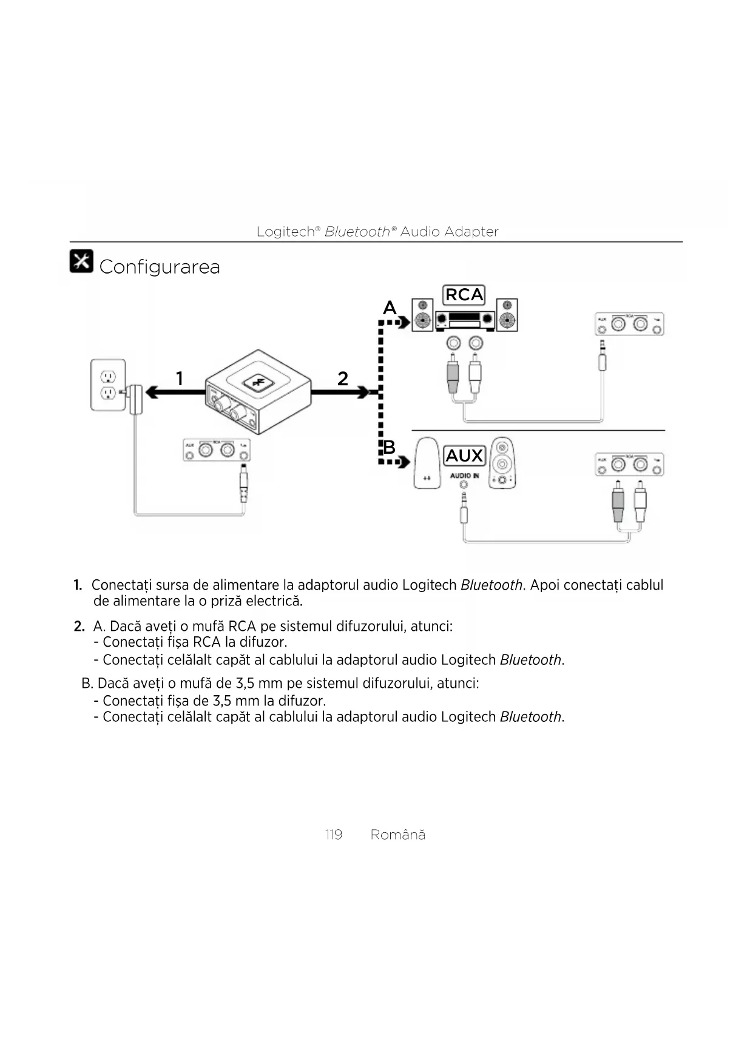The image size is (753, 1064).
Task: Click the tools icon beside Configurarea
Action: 81,261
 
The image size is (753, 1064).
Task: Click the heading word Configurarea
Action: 159,267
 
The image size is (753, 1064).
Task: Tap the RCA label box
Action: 464,295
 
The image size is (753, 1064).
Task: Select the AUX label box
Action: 464,456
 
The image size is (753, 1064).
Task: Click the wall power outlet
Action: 108,385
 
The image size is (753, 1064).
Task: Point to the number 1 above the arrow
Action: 179,379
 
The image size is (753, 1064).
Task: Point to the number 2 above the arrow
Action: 343,379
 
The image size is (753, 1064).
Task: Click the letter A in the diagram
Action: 389,308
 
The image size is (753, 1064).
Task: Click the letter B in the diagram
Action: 389,447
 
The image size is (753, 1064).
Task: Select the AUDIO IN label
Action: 464,476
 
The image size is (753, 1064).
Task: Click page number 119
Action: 334,835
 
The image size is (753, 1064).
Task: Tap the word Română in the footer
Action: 397,835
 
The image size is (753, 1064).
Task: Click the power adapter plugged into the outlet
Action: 137,399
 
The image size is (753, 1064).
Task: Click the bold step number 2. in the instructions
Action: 79,626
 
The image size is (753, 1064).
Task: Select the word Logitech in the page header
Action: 285,232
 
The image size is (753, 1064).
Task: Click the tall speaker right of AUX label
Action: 502,463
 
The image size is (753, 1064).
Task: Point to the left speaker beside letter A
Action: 422,315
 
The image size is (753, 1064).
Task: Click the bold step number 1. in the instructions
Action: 78,585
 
